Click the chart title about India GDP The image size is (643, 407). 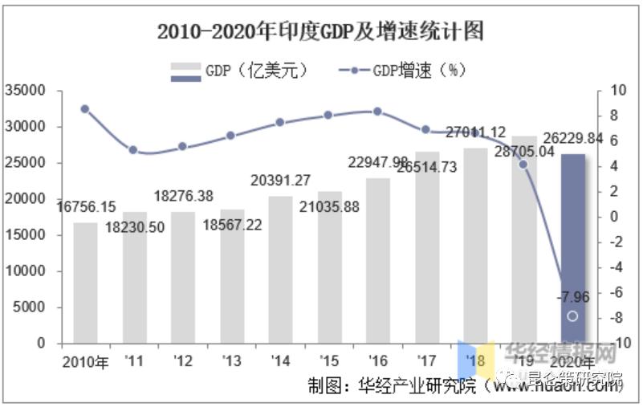pos(320,32)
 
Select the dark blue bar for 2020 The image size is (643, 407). pos(572,249)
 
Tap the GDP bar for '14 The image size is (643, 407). pos(280,270)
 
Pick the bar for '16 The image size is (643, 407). pos(377,260)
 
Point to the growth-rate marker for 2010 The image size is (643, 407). pos(85,109)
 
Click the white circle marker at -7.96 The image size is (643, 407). pos(572,316)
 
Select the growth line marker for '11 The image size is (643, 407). pos(133,150)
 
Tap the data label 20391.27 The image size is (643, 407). pos(279,180)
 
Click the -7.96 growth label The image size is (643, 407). pos(572,298)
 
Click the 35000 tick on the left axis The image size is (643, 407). pos(26,91)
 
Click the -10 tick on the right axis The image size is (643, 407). pos(616,344)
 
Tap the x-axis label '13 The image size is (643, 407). pos(231,361)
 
